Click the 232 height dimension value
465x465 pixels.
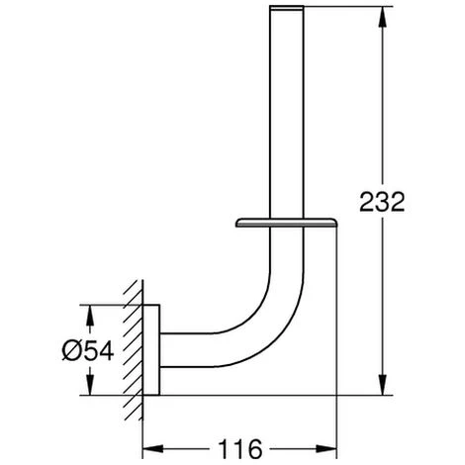[382, 202]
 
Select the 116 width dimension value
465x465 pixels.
[240, 448]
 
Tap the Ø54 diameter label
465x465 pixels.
[88, 350]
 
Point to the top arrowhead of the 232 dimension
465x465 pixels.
[382, 17]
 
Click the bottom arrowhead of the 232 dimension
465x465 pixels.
[382, 385]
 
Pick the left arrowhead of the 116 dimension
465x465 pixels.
[153, 448]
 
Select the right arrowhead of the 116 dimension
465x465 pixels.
[326, 448]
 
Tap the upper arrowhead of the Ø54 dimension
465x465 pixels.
[90, 315]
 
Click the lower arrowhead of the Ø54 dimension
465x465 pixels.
[90, 385]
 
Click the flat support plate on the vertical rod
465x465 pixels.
[286, 223]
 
